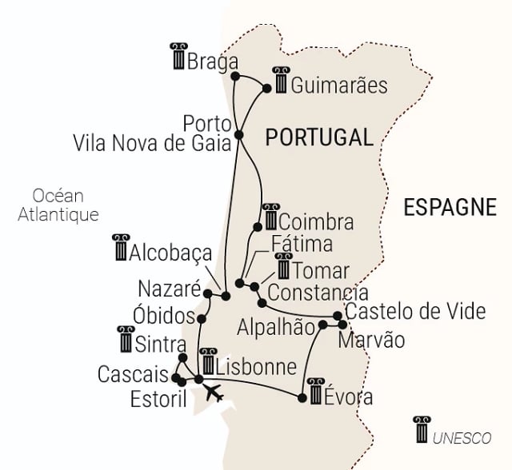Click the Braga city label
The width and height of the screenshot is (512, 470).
(213, 62)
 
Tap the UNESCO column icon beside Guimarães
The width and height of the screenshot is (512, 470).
(280, 80)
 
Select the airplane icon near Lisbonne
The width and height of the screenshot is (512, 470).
(213, 393)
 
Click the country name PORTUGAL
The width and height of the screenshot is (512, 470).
(319, 137)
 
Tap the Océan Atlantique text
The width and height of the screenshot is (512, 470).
(58, 205)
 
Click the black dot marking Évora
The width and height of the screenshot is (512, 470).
(302, 397)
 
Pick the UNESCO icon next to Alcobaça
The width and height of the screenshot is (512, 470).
(122, 249)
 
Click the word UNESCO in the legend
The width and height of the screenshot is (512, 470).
(462, 438)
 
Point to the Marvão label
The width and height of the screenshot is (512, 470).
(371, 341)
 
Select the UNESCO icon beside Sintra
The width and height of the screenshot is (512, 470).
(126, 339)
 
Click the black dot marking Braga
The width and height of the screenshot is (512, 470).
(234, 77)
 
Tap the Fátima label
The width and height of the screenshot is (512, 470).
(301, 244)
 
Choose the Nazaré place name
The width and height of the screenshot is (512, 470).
(167, 289)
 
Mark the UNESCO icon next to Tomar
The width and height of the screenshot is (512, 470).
(283, 268)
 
